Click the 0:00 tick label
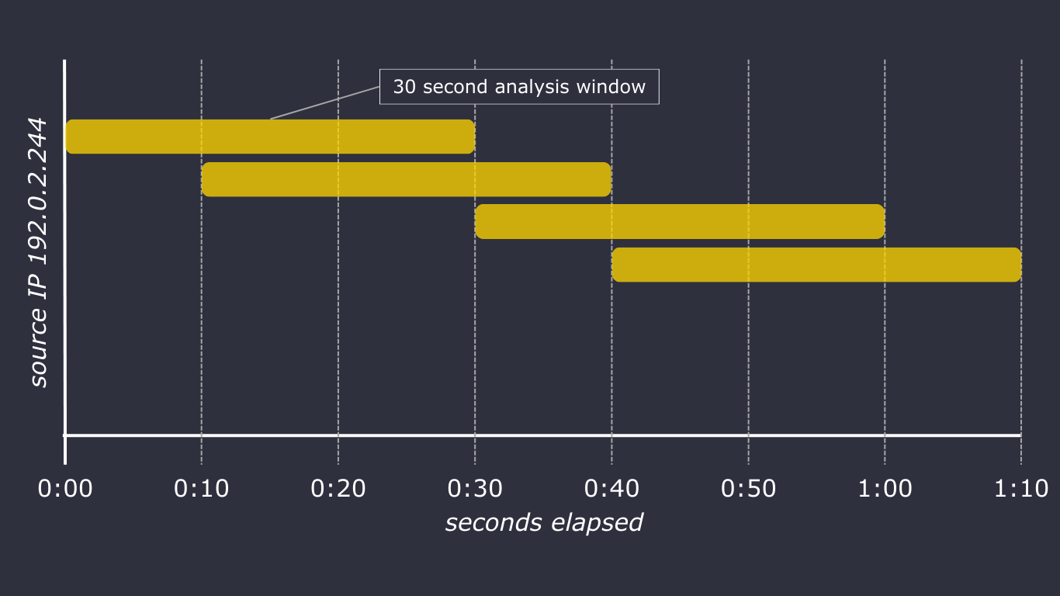[x=65, y=489]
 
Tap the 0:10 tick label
[x=201, y=489]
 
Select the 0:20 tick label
[x=338, y=489]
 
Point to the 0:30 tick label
[x=475, y=489]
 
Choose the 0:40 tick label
[x=611, y=489]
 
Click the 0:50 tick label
[x=748, y=489]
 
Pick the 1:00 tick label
[x=885, y=489]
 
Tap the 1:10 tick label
[x=1021, y=489]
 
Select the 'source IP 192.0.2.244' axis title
[x=38, y=253]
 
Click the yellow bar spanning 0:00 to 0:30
[x=270, y=137]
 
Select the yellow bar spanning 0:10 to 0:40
[x=407, y=179]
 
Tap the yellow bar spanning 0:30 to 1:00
[x=680, y=221]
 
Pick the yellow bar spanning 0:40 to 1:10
[x=817, y=265]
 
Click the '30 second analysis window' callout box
[x=519, y=87]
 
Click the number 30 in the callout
[x=404, y=87]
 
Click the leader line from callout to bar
[x=324, y=102]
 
